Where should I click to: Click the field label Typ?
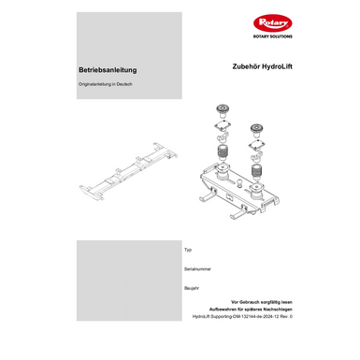click(x=188, y=250)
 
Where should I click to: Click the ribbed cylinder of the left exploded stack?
click(x=223, y=151)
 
